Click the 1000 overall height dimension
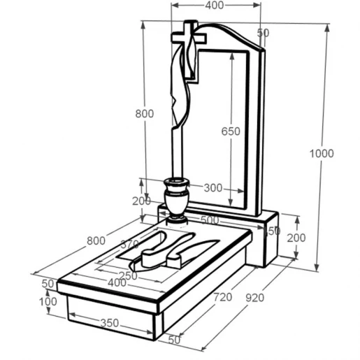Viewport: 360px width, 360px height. click(322, 154)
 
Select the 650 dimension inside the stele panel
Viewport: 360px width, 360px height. click(231, 131)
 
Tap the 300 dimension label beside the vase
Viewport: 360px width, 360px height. click(213, 188)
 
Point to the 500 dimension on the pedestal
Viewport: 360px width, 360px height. click(210, 220)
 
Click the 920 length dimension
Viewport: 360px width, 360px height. click(255, 298)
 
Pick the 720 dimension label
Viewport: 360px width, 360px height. click(223, 297)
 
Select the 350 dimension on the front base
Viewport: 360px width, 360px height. click(110, 323)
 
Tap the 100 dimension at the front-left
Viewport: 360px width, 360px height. click(48, 302)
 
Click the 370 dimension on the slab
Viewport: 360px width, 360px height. click(130, 244)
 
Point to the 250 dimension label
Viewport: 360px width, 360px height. click(128, 276)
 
